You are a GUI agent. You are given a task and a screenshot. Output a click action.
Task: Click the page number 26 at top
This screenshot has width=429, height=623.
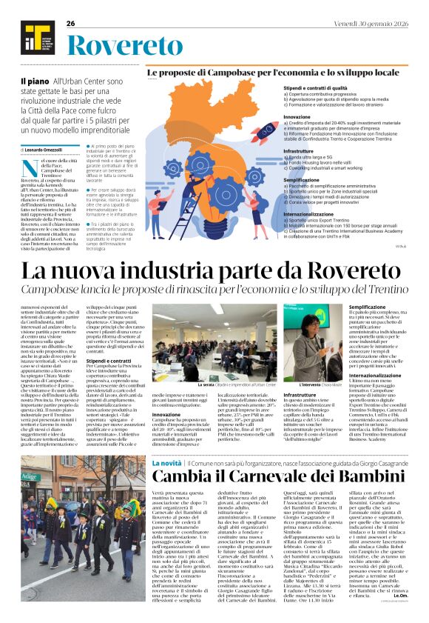coord(71,24)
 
